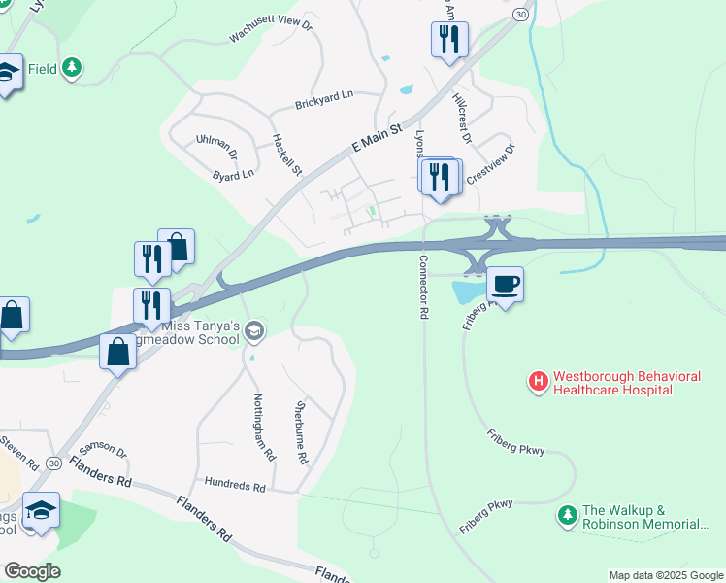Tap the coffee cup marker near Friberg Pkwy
point(505,285)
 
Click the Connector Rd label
point(423,289)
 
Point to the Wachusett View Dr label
point(269,29)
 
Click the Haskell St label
point(287,154)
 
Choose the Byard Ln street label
point(233,175)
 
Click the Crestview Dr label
point(492,164)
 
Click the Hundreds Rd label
point(235,484)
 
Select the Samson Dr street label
point(103,449)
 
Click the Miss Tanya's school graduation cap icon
point(254,332)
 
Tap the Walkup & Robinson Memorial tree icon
point(566,512)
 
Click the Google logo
point(32,571)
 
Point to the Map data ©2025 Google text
point(666,575)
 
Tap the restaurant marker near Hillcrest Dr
point(449,40)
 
